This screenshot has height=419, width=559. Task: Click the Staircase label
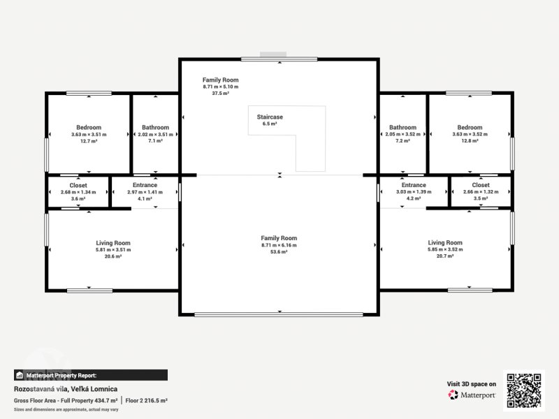tap(270, 117)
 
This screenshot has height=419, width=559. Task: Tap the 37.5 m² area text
tap(220, 94)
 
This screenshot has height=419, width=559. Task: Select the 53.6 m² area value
tap(279, 251)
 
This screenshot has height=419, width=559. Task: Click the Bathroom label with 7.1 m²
tap(155, 127)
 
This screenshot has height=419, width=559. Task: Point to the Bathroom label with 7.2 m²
tap(403, 127)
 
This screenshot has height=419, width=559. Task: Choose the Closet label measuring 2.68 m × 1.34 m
tap(78, 185)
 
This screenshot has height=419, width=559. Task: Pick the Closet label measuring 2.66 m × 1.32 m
tap(481, 185)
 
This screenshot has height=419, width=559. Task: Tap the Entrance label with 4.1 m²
tap(145, 185)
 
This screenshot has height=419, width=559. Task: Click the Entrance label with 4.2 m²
tap(414, 185)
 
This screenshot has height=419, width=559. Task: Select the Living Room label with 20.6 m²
tap(113, 243)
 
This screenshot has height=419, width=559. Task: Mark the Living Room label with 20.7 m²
tap(445, 242)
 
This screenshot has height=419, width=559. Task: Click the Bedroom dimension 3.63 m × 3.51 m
tap(89, 135)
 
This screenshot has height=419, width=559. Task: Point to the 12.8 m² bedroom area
tap(470, 141)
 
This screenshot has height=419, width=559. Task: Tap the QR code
tap(524, 390)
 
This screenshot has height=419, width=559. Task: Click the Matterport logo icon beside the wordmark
tap(453, 395)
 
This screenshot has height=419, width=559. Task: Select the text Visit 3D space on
tap(471, 383)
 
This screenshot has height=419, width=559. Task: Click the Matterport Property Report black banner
tap(91, 375)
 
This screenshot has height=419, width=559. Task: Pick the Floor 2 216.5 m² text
tap(146, 400)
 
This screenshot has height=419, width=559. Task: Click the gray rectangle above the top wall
tap(273, 54)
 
